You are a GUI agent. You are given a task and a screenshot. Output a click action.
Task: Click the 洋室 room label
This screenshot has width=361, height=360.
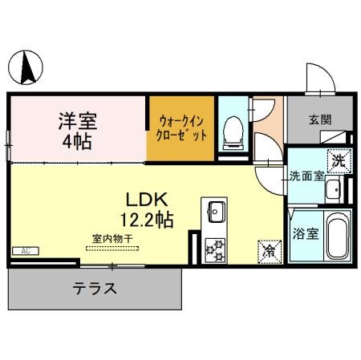coord(77,122)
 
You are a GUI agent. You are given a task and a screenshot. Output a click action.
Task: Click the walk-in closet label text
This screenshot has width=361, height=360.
coord(182,127)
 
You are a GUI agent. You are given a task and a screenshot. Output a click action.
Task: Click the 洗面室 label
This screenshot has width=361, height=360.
coord(306,176)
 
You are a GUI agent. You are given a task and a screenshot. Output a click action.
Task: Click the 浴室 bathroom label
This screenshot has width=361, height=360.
coord(305,235)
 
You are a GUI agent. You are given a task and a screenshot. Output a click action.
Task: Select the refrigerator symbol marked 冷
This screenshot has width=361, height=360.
coord(267,250)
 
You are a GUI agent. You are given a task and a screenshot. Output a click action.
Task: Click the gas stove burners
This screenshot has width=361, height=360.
coord(215,249)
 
